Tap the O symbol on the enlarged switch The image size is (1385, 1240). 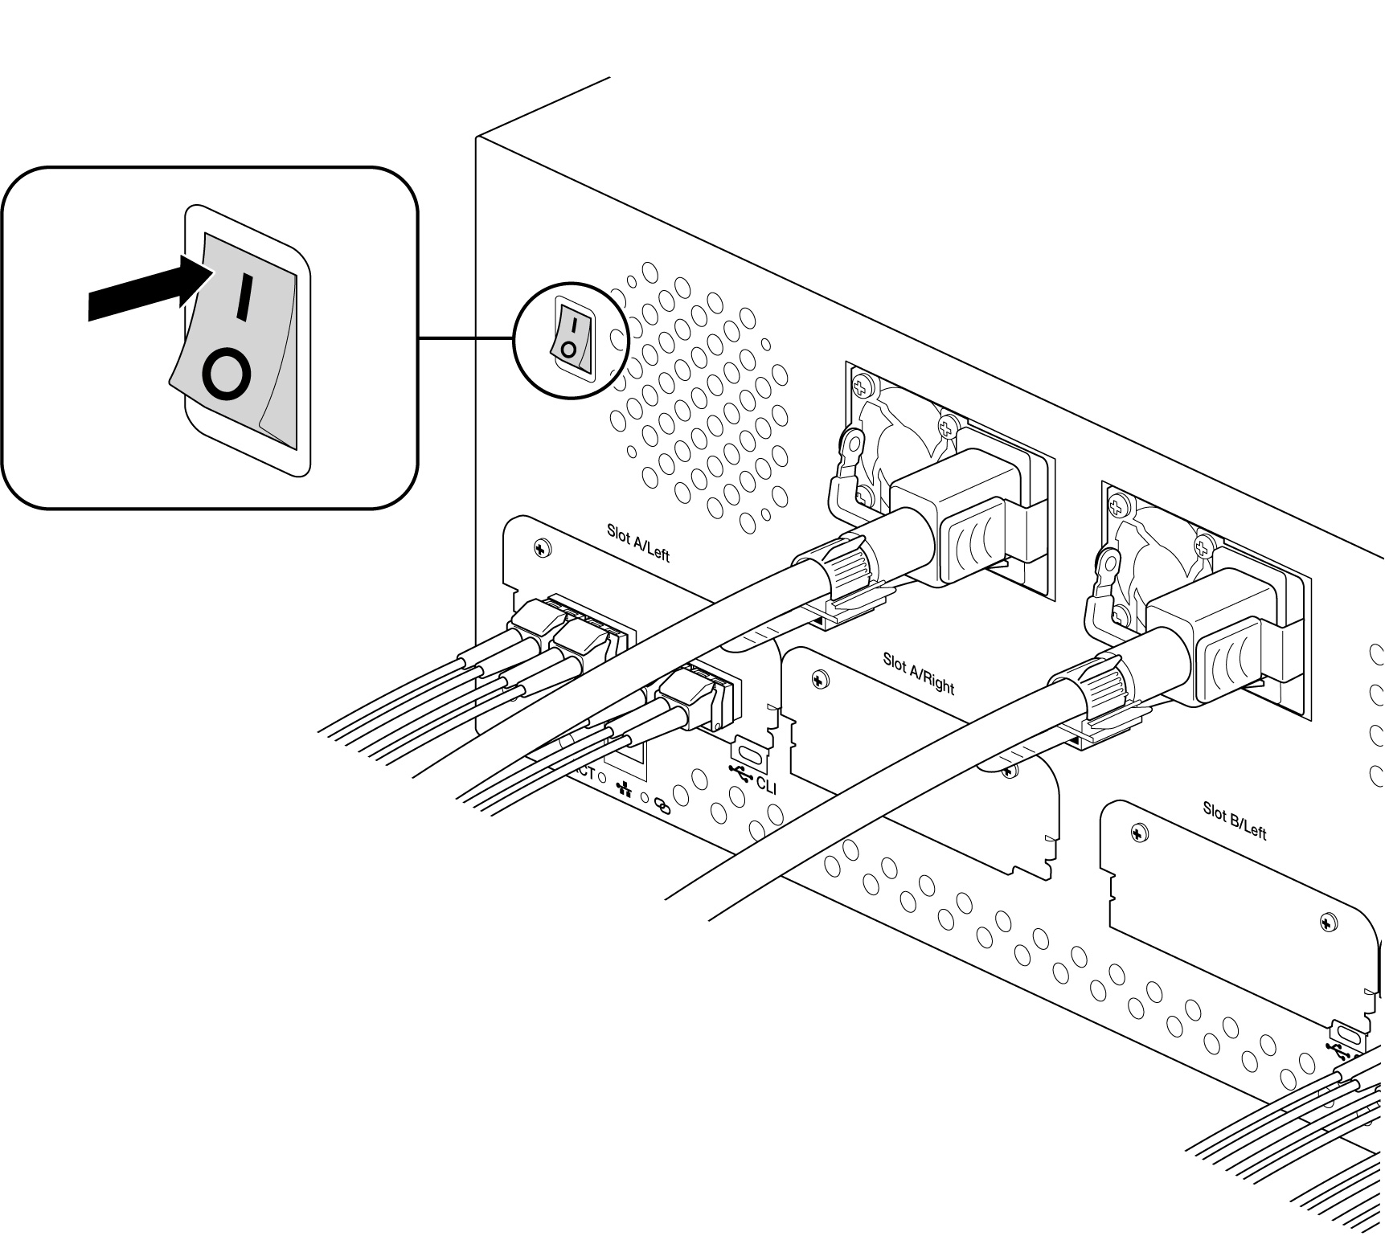[x=227, y=374]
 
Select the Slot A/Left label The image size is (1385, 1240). [x=637, y=542]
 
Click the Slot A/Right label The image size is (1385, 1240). [x=918, y=673]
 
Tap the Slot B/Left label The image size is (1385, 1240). [x=1234, y=820]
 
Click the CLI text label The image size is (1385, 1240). [x=767, y=784]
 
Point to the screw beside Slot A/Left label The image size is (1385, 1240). [x=543, y=549]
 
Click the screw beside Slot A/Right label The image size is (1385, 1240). [x=819, y=680]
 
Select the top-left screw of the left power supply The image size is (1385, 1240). [x=863, y=387]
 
